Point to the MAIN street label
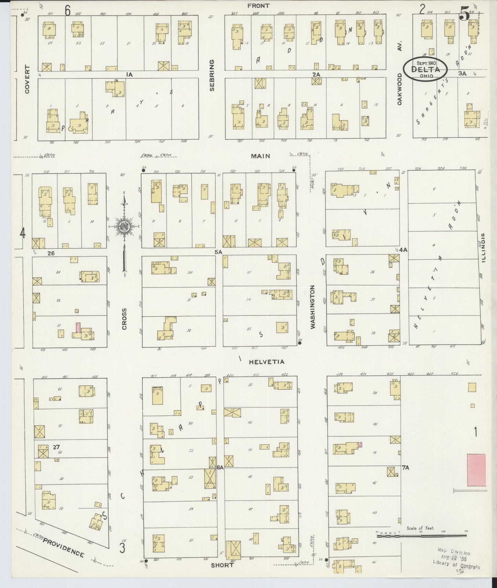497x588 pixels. [x=260, y=156]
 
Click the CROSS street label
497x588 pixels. [x=124, y=319]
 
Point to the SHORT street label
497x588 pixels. [x=222, y=565]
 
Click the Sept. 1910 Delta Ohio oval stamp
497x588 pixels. [x=425, y=69]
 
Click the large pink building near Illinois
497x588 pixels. [x=476, y=470]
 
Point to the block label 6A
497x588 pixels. [x=220, y=467]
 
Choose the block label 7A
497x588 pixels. [x=405, y=467]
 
